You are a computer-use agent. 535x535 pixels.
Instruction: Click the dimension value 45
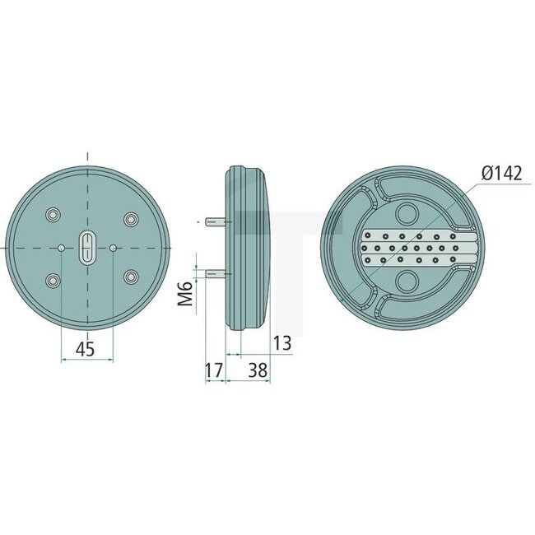pyautogui.click(x=85, y=349)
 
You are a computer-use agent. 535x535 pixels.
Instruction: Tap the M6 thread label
pyautogui.click(x=185, y=292)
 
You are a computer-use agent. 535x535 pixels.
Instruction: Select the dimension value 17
pyautogui.click(x=213, y=371)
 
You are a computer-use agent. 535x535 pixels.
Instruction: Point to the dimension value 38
pyautogui.click(x=258, y=371)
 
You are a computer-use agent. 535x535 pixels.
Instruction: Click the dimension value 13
pyautogui.click(x=281, y=343)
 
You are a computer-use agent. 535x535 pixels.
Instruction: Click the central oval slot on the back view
pyautogui.click(x=87, y=247)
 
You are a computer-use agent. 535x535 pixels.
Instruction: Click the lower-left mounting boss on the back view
pyautogui.click(x=53, y=281)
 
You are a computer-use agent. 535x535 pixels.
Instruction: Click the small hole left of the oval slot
pyautogui.click(x=63, y=247)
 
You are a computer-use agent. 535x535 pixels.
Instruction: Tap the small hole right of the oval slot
pyautogui.click(x=113, y=247)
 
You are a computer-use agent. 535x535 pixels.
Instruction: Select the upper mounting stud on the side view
pyautogui.click(x=216, y=221)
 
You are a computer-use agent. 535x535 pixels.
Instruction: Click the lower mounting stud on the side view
pyautogui.click(x=216, y=273)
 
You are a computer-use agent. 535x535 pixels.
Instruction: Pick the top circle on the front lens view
pyautogui.click(x=407, y=213)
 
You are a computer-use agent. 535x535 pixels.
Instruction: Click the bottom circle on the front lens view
pyautogui.click(x=407, y=283)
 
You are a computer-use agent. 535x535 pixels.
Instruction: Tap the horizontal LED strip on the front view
pyautogui.click(x=420, y=248)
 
